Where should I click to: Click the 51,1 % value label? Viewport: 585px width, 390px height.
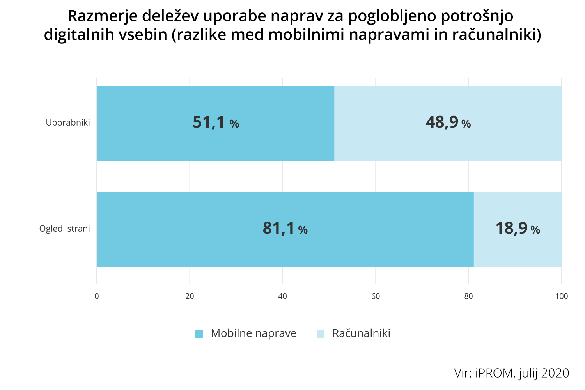tap(216, 122)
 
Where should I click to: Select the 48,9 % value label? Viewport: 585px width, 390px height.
tap(448, 122)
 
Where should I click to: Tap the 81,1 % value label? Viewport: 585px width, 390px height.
tap(285, 229)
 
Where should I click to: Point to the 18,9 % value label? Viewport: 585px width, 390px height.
tap(518, 229)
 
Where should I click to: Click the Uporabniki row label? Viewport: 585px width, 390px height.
tap(68, 122)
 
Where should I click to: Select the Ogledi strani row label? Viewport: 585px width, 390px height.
tap(65, 229)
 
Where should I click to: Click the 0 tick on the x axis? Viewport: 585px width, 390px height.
tap(97, 296)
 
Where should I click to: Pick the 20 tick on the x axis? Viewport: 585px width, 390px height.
tap(190, 296)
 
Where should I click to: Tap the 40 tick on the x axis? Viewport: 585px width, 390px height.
tap(283, 296)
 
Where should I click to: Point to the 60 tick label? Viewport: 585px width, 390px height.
tap(376, 296)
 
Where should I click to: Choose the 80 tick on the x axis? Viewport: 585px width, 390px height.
tap(468, 296)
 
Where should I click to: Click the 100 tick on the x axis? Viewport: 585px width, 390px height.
tap(562, 296)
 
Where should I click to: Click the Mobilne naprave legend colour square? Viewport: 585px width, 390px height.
tap(199, 334)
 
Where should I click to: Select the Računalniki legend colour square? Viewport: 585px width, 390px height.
tap(321, 334)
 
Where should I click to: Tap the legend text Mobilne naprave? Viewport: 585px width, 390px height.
tap(253, 333)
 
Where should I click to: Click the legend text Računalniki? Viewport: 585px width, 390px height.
tap(361, 333)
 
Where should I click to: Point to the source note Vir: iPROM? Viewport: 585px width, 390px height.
tap(511, 373)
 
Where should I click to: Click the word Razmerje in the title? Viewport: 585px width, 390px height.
tap(102, 16)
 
